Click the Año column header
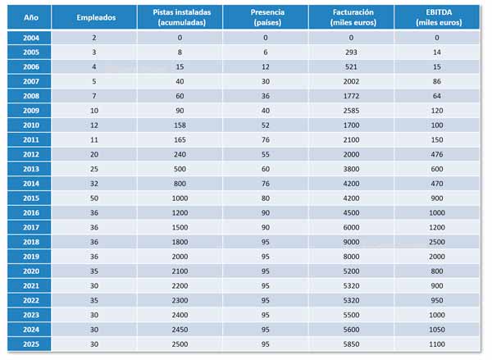30,16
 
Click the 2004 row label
30,38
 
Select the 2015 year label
30,198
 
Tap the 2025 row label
30,344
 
